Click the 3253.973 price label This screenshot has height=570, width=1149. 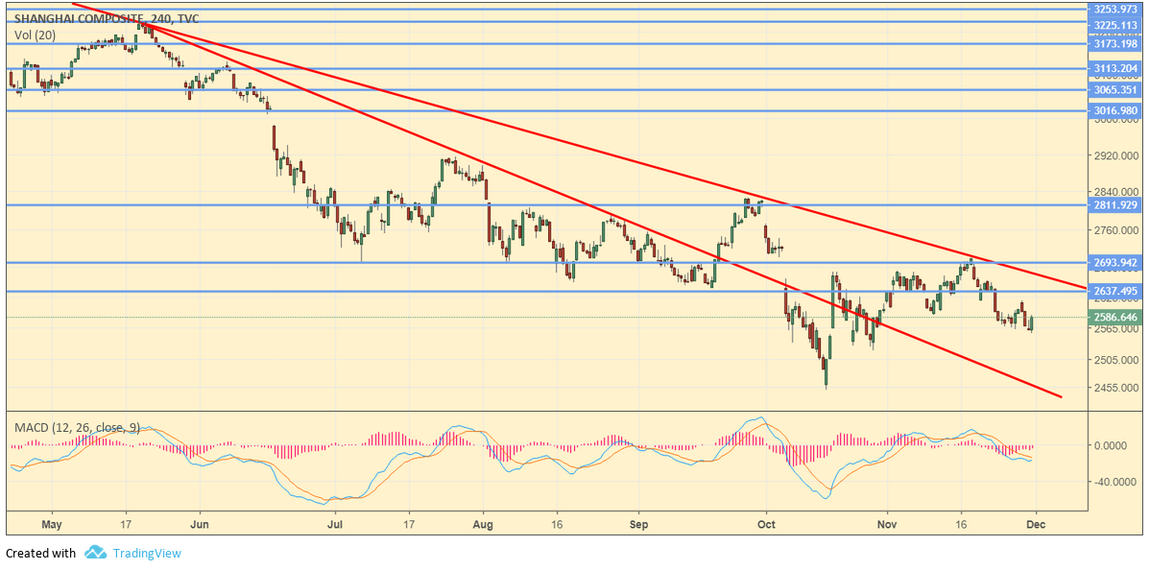[x=1114, y=9]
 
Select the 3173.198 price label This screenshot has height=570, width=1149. [x=1114, y=43]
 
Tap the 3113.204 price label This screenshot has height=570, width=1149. [x=1114, y=68]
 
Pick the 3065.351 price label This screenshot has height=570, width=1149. [x=1114, y=90]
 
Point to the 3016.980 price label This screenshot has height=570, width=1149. [x=1114, y=110]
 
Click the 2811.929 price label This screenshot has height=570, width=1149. [x=1114, y=204]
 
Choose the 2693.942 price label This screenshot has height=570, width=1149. [x=1114, y=263]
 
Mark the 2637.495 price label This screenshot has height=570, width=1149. [x=1114, y=291]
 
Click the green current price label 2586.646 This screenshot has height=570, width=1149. [x=1114, y=317]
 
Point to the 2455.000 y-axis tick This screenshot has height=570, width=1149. [x=1114, y=389]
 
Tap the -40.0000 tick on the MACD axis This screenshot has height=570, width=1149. [x=1114, y=482]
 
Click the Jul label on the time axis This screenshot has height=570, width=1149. [x=336, y=525]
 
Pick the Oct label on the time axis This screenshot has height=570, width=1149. [x=765, y=525]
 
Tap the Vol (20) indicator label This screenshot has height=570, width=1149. [x=35, y=36]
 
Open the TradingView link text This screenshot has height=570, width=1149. [x=146, y=553]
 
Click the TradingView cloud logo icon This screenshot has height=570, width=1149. [x=95, y=553]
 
